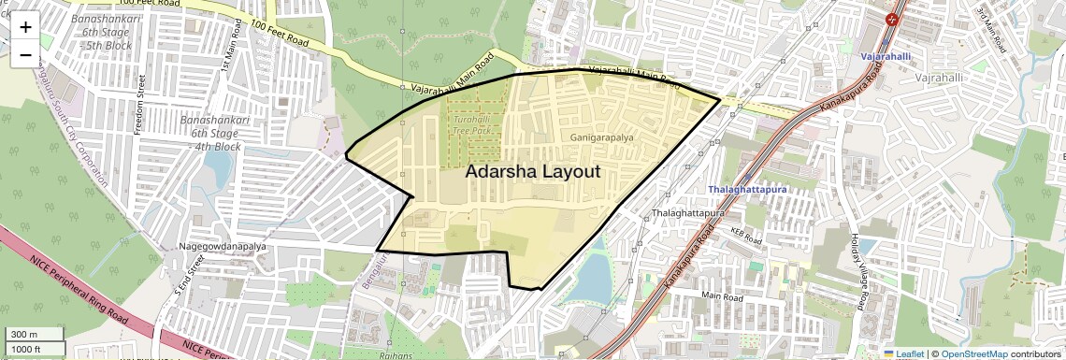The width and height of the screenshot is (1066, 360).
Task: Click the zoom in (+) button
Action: pyautogui.click(x=25, y=27)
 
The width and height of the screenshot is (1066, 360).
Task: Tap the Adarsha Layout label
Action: pyautogui.click(x=532, y=172)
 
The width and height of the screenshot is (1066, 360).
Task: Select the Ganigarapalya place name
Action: pyautogui.click(x=601, y=137)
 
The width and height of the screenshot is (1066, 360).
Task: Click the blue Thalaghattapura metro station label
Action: pyautogui.click(x=747, y=189)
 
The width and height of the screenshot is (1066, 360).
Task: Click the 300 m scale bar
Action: pyautogui.click(x=35, y=334)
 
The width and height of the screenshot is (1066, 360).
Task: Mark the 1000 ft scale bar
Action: pyautogui.click(x=35, y=349)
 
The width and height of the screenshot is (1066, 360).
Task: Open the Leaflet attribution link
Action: pyautogui.click(x=904, y=353)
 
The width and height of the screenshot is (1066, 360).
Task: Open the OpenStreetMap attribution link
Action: pyautogui.click(x=973, y=353)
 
